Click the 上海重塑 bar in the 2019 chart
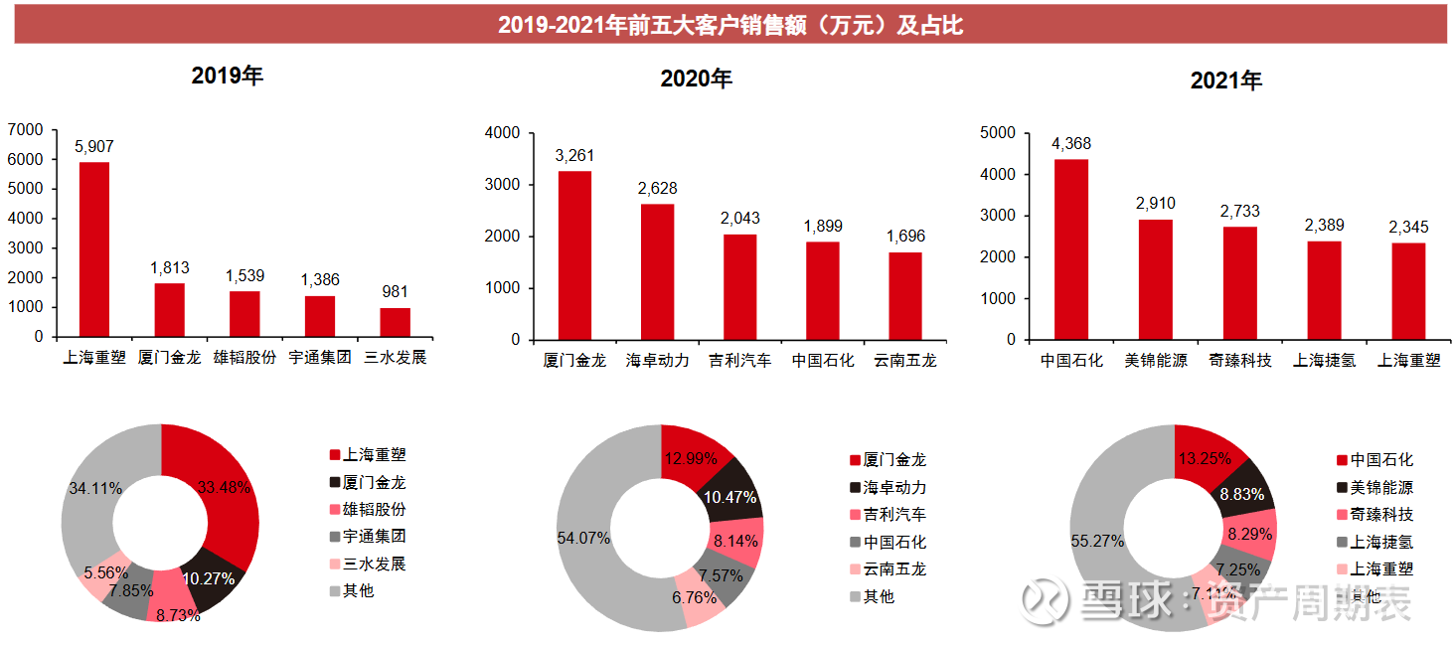94,248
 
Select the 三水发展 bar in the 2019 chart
395,322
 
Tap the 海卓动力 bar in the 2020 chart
657,271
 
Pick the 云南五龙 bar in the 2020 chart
905,295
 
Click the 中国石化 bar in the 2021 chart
1071,248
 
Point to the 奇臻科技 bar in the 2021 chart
1239,282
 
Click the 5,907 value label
94,146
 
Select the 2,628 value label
657,189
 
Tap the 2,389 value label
1324,226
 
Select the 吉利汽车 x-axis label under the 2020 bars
740,361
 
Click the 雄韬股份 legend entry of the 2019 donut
374,510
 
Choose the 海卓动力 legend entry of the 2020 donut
894,488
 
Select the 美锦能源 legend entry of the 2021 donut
1381,488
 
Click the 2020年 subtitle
696,80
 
